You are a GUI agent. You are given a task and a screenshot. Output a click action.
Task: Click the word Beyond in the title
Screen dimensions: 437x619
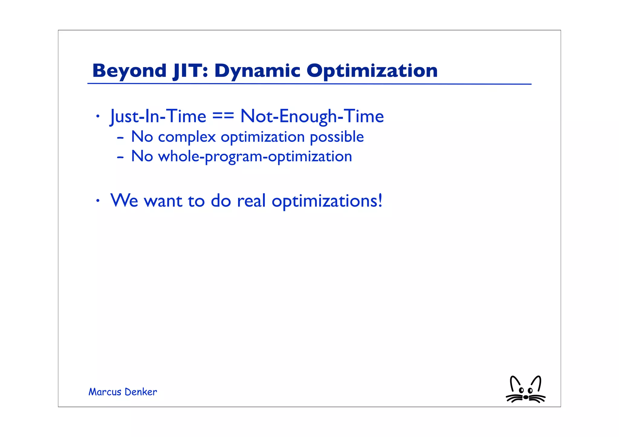tap(129, 71)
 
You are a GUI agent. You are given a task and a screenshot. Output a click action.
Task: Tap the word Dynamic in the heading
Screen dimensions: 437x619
tap(257, 71)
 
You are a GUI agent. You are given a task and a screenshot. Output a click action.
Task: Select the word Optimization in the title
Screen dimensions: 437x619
tap(372, 71)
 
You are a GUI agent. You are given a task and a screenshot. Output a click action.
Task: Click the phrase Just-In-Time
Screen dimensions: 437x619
tap(158, 116)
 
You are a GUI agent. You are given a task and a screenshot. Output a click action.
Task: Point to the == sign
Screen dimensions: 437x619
tap(223, 116)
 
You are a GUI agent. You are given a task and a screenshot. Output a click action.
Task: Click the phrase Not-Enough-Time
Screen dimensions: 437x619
tap(312, 116)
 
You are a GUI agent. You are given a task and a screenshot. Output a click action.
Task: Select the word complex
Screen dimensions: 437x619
tap(187, 137)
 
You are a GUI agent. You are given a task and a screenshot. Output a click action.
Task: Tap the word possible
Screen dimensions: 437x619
tap(337, 137)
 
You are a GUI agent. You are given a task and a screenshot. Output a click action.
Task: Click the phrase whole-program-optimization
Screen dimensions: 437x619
tap(255, 156)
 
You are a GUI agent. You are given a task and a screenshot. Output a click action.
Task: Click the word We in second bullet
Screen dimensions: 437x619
tap(124, 201)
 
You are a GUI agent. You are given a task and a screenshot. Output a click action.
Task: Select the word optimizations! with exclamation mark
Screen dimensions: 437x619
tap(327, 201)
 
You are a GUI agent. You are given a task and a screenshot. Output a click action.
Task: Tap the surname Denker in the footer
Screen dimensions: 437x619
tap(141, 392)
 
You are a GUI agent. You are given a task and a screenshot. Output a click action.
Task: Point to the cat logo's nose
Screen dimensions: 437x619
tap(526, 397)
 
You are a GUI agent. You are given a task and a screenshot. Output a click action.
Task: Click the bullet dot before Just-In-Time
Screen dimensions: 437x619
tap(97, 116)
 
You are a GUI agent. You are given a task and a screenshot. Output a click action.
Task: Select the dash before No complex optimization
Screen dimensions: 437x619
tap(120, 138)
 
